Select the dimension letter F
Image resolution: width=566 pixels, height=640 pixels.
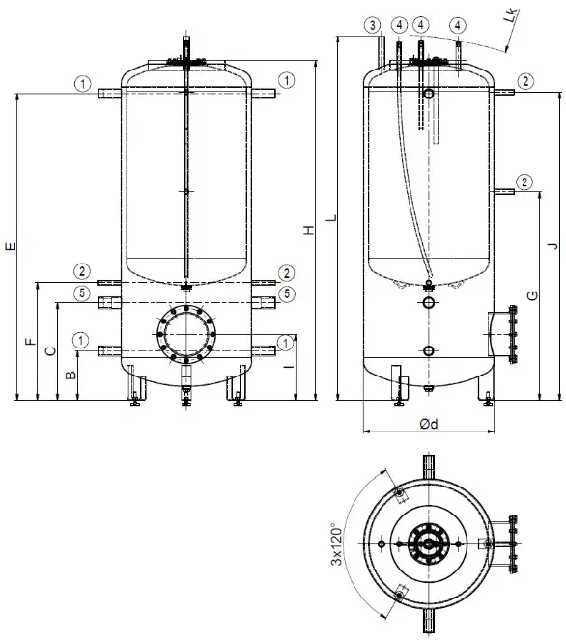pyautogui.click(x=29, y=342)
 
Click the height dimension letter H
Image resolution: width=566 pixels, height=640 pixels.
pyautogui.click(x=308, y=229)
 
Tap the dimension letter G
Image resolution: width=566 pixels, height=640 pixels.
pyautogui.click(x=530, y=294)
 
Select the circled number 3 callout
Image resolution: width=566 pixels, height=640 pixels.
pyautogui.click(x=372, y=23)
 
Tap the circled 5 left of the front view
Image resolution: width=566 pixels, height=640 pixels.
pyautogui.click(x=83, y=292)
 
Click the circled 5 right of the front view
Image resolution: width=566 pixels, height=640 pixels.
pyautogui.click(x=286, y=292)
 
